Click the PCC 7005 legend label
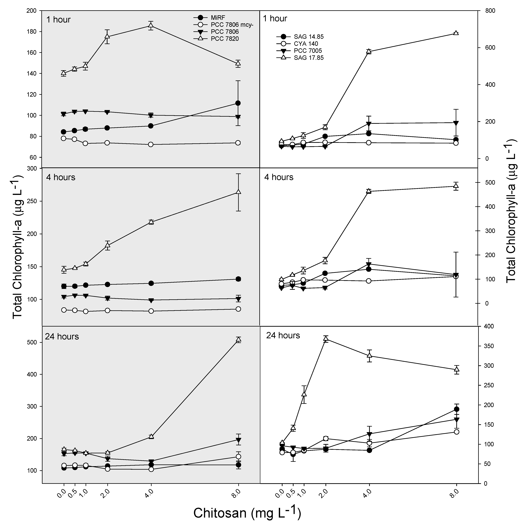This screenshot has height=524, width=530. tap(308, 51)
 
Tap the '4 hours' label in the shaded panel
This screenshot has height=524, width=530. tap(61, 177)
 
